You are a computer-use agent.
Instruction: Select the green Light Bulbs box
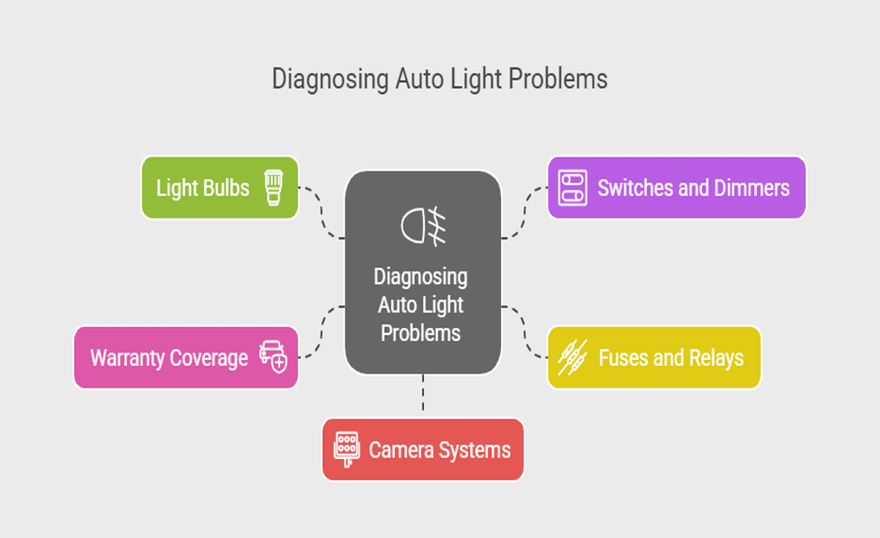point(219,188)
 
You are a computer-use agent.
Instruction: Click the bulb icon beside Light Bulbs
point(273,188)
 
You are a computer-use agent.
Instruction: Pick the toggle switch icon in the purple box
point(571,188)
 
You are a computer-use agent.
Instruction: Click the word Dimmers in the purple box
point(752,188)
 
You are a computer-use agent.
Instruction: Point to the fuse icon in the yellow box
point(573,358)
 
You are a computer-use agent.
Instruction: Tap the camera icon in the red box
point(347,449)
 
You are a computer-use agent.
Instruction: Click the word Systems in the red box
point(474,449)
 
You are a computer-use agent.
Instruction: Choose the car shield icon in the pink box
point(273,357)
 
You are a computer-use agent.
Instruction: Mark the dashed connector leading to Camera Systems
point(422,396)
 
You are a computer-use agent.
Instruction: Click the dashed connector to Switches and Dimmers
point(525,212)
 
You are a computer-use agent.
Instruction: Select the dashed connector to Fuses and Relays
point(525,334)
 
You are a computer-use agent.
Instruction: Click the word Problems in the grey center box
point(421,333)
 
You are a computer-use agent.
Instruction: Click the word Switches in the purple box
point(630,188)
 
